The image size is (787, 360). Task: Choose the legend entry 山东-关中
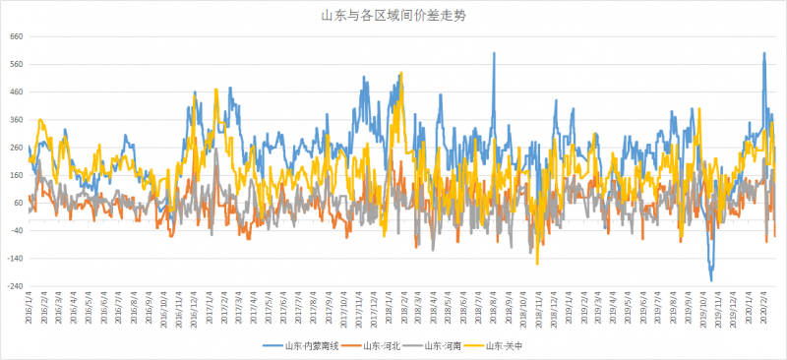point(502,345)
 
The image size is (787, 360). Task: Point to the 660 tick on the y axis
point(17,36)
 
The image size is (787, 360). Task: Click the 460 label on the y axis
point(17,91)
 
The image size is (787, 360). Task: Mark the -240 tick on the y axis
point(16,286)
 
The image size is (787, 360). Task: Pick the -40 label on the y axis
point(17,230)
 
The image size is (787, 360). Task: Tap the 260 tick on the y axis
point(17,148)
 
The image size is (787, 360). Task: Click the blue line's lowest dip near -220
point(711,280)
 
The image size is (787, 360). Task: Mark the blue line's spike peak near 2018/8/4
point(494,53)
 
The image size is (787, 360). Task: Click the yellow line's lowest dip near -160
point(537,263)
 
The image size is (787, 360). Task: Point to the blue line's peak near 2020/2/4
point(764,53)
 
